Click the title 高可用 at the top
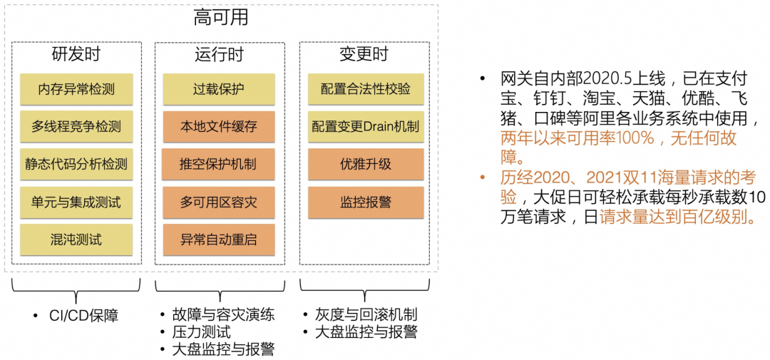click(x=221, y=18)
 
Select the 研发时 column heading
click(x=76, y=54)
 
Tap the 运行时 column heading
click(x=219, y=54)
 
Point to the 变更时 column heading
click(x=364, y=54)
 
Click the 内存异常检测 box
click(x=76, y=89)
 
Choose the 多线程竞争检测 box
click(x=76, y=126)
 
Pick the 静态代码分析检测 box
click(x=76, y=164)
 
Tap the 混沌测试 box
click(x=76, y=240)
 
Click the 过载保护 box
click(x=219, y=89)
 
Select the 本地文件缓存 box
click(x=219, y=126)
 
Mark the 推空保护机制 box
click(x=219, y=164)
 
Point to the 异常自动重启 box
click(x=219, y=240)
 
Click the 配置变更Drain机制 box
click(x=366, y=126)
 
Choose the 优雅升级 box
click(x=366, y=164)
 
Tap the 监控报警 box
click(x=366, y=202)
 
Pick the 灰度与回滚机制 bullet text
click(x=366, y=315)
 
